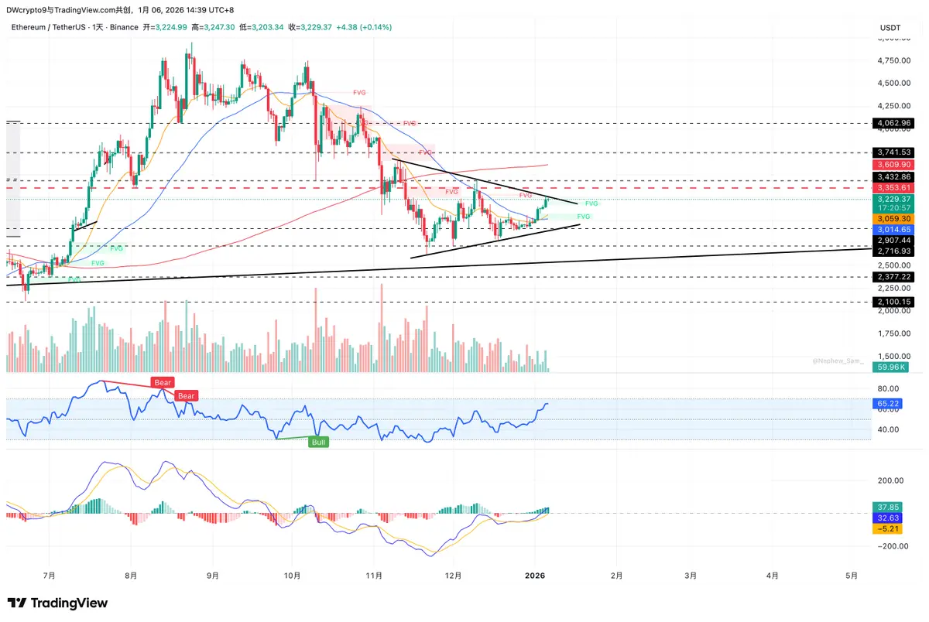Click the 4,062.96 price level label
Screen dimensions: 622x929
[893, 123]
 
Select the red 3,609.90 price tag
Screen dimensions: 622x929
[893, 165]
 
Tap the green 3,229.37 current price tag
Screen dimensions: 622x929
[893, 199]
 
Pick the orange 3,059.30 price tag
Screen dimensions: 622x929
[893, 219]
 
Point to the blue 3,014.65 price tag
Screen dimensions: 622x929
[893, 230]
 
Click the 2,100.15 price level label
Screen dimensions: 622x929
[893, 302]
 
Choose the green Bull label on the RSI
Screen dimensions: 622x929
[318, 443]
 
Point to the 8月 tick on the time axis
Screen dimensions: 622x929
[131, 576]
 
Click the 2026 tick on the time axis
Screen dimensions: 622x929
[535, 576]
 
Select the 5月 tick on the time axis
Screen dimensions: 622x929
[852, 576]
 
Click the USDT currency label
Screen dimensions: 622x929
[890, 28]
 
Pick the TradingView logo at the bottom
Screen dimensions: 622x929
[58, 603]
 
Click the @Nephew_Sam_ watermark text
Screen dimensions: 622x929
[838, 361]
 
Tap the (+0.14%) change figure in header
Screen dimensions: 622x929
[375, 27]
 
